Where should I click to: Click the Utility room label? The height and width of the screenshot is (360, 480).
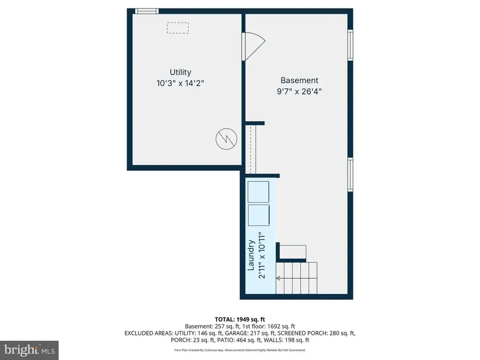tap(180, 72)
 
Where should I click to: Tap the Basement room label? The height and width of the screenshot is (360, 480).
tap(299, 81)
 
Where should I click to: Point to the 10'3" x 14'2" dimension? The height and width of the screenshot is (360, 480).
tap(180, 83)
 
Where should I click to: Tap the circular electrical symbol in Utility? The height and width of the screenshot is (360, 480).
tap(226, 139)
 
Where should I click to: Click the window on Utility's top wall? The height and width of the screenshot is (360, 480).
tap(146, 11)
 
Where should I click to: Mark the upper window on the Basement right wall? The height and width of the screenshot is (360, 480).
tap(350, 45)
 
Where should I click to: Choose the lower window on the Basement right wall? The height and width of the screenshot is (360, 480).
tap(350, 174)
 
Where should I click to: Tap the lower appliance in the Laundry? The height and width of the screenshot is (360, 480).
tap(260, 215)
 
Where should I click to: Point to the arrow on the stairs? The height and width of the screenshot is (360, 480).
tap(278, 278)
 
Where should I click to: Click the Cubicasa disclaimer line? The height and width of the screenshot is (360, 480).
tap(239, 350)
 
